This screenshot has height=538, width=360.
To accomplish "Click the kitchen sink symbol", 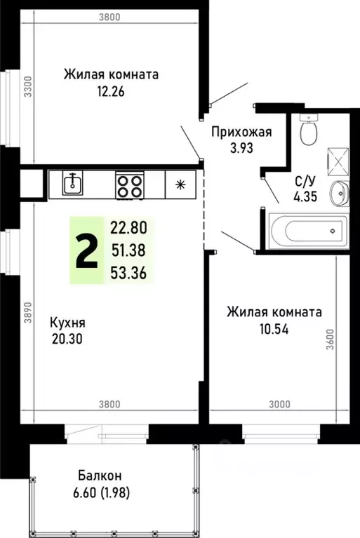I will [71, 184].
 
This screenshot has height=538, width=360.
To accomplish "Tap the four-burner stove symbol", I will [129, 185].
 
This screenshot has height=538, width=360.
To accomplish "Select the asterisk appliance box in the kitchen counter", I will [180, 185].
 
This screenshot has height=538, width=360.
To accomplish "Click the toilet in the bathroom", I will [308, 128].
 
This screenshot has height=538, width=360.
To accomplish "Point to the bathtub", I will [307, 229].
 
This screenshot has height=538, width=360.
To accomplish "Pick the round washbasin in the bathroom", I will [339, 192].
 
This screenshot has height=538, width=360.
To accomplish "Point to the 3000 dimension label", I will [279, 403].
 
